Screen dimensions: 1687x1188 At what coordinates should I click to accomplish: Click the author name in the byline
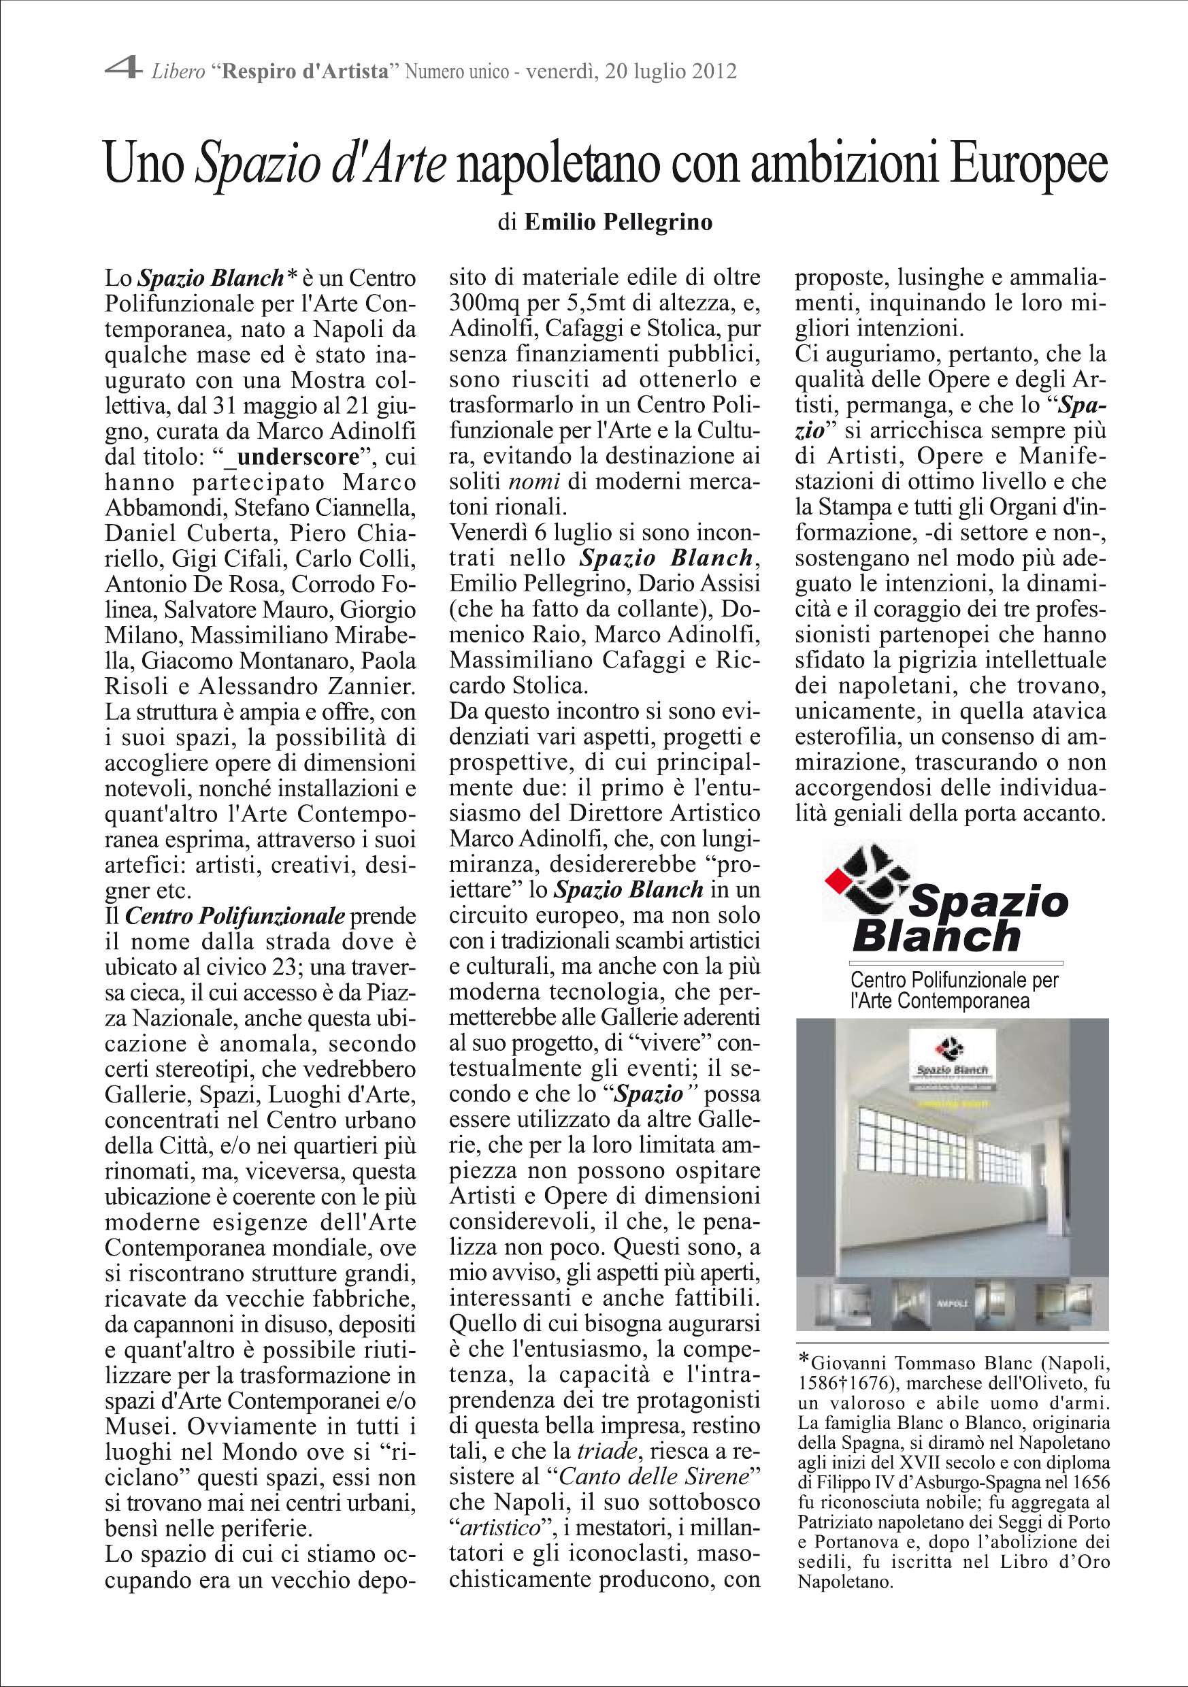pyautogui.click(x=618, y=222)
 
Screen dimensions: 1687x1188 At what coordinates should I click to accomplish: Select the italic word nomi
pyautogui.click(x=534, y=482)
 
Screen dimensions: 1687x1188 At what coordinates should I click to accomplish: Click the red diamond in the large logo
pyautogui.click(x=835, y=880)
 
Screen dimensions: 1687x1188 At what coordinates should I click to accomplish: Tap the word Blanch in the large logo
pyautogui.click(x=937, y=938)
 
